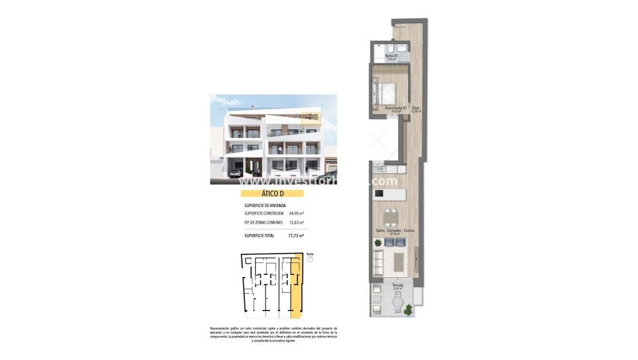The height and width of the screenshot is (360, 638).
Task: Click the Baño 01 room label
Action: tap(391, 55)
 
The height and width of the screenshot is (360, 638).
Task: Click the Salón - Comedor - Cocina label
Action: tap(395, 231)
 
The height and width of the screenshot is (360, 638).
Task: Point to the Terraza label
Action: tap(397, 285)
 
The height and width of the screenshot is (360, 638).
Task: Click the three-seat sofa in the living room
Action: tap(379, 263)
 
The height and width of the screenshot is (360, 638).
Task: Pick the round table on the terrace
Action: tap(398, 300)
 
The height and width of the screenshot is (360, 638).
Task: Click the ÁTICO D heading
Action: tap(271, 194)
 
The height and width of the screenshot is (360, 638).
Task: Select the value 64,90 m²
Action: tap(297, 213)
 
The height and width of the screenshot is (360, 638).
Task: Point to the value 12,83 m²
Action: tap(297, 223)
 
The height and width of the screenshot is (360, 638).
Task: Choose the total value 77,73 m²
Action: tap(296, 235)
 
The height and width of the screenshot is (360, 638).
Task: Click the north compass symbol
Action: tap(310, 259)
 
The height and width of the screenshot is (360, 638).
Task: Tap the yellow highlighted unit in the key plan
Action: tap(296, 288)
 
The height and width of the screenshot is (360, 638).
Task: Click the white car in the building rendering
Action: tap(236, 172)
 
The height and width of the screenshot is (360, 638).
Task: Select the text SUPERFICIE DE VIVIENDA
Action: tap(265, 205)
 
